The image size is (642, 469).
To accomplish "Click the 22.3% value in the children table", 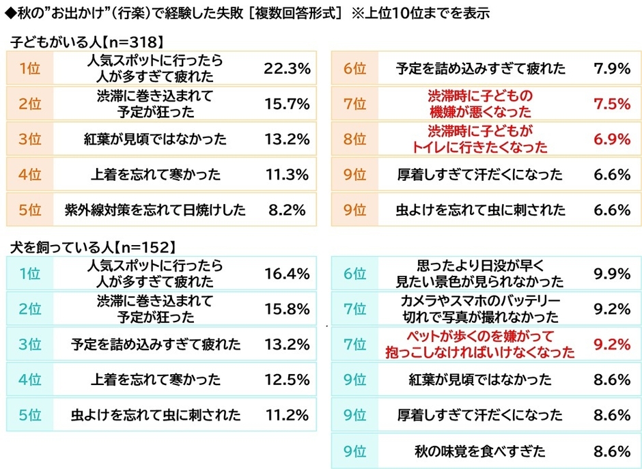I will (287, 68).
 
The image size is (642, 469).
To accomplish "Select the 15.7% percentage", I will (287, 104).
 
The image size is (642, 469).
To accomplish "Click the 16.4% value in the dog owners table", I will (287, 274).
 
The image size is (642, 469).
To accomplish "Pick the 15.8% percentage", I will (287, 309).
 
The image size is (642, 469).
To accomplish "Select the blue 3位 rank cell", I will (30, 345).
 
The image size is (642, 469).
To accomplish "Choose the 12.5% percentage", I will (287, 380).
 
